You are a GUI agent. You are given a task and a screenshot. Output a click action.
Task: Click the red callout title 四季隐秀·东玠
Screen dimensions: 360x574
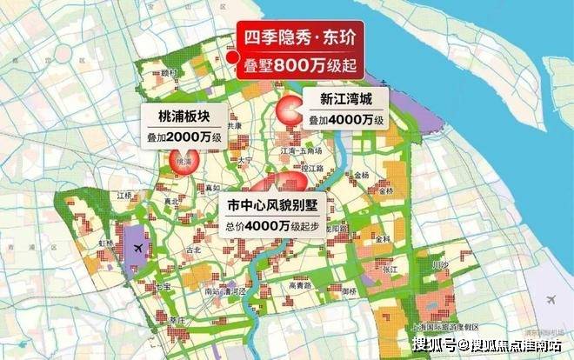point(300,38)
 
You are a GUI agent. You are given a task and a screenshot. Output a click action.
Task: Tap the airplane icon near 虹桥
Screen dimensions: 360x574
point(137,248)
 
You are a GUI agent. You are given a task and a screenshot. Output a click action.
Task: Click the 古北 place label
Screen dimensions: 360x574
point(196,251)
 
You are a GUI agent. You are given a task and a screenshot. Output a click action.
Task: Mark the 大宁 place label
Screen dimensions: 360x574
point(244,160)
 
